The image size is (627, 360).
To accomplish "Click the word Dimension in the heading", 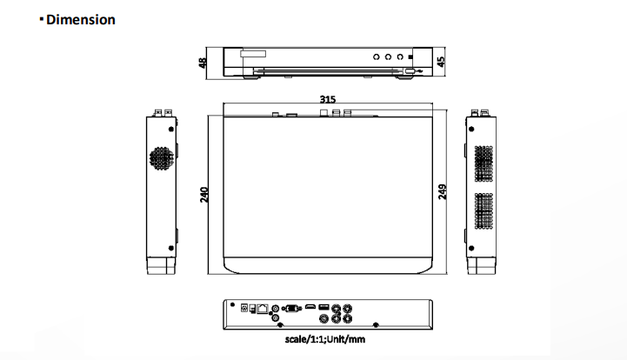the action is [81, 20].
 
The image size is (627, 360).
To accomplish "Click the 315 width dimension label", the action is [328, 99].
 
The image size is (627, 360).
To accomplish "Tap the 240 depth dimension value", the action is [204, 195].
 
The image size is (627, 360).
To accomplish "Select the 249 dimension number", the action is [442, 192].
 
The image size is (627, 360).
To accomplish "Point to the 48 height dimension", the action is [203, 63].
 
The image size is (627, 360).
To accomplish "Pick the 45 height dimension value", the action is [441, 62].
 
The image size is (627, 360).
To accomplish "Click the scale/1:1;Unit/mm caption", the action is [325, 340].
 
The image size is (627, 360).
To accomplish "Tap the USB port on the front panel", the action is [410, 71].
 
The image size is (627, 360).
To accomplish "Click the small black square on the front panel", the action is [410, 57].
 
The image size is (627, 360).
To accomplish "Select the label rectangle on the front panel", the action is [253, 54].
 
